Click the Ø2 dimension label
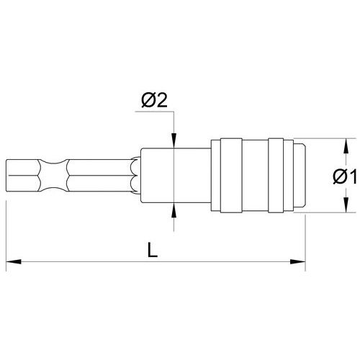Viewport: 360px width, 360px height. tap(154, 101)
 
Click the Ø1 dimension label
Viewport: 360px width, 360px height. tap(345, 176)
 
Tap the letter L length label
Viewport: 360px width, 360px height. tap(153, 250)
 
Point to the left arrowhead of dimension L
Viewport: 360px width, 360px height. tap(13, 261)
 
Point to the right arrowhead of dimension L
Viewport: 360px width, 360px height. tap(298, 261)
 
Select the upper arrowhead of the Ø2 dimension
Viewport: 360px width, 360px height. tap(174, 140)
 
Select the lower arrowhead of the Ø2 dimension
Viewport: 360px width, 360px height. tap(174, 210)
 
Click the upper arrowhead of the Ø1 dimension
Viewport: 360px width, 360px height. tap(346, 145)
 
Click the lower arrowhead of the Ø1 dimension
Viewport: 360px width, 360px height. tap(346, 205)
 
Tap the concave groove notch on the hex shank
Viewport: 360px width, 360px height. tap(53, 176)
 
